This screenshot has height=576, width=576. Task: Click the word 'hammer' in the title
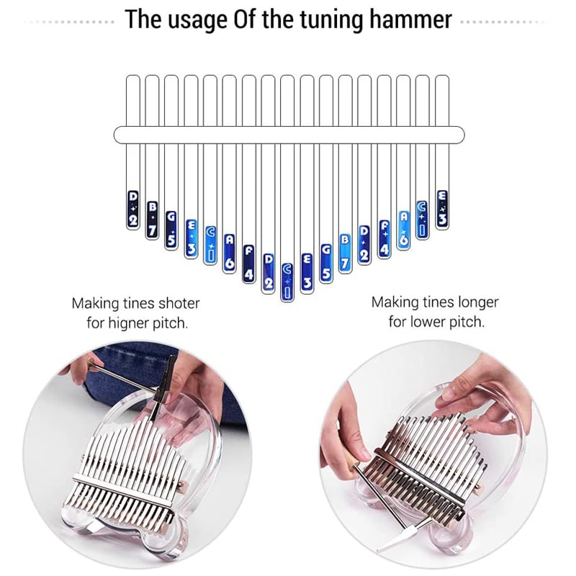(x=410, y=19)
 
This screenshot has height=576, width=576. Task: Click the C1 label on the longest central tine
(x=287, y=281)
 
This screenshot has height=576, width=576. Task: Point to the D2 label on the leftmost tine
(x=132, y=210)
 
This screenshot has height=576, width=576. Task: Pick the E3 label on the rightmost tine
(x=442, y=209)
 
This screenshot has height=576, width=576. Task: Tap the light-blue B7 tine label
(x=345, y=251)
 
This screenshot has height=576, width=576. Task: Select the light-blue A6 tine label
(x=404, y=230)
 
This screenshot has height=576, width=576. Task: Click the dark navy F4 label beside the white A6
(x=248, y=264)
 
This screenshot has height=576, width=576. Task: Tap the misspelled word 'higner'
(x=128, y=322)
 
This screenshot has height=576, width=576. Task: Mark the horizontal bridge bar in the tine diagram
(x=288, y=135)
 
